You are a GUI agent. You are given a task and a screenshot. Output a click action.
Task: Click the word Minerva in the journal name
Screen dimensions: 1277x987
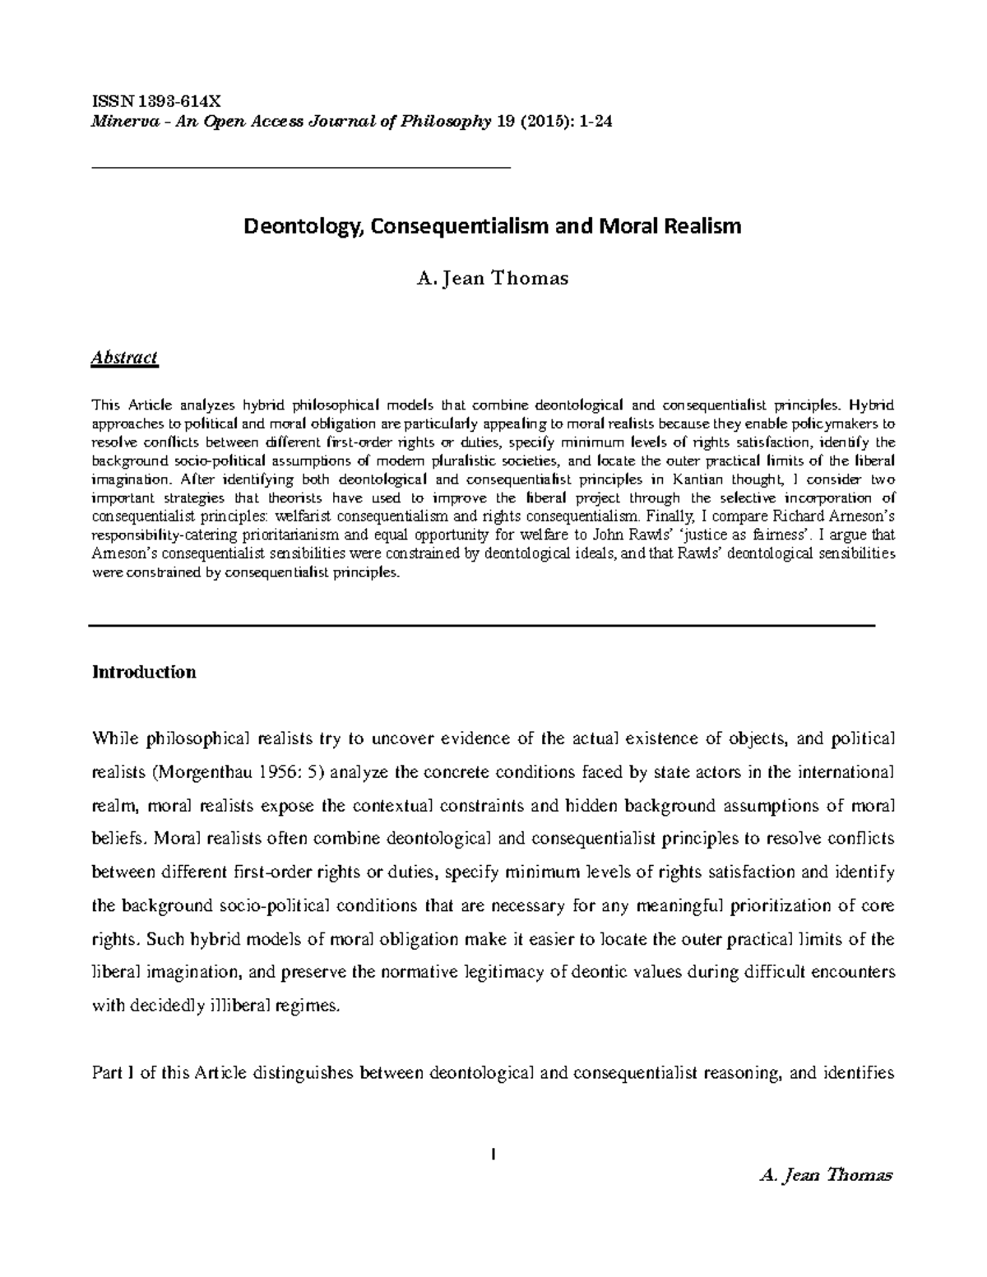point(118,123)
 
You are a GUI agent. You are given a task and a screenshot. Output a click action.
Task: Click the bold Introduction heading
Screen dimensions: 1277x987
point(144,672)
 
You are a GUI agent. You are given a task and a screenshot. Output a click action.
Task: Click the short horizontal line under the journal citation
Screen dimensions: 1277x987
point(300,167)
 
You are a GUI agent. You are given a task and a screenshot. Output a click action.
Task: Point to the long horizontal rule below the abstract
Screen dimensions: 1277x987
point(481,626)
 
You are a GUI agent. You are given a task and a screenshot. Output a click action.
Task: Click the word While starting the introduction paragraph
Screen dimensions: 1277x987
point(114,738)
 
